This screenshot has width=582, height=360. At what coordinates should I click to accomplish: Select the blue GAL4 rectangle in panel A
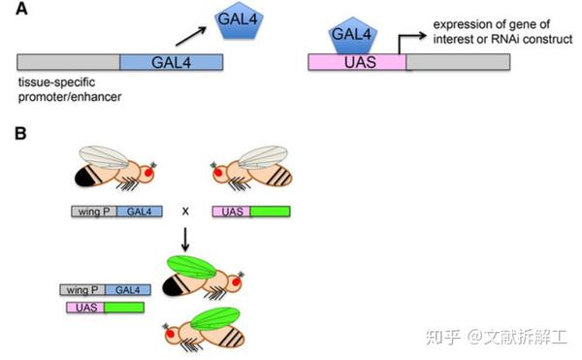(171, 61)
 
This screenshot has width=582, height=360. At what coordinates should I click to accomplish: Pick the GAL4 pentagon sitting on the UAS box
(352, 36)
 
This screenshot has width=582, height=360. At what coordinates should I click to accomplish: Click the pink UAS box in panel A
(355, 61)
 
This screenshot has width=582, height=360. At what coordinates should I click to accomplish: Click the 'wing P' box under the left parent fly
(91, 210)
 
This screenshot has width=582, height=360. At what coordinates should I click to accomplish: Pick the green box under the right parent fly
(270, 210)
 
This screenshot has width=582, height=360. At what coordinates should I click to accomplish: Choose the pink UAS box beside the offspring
(85, 307)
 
